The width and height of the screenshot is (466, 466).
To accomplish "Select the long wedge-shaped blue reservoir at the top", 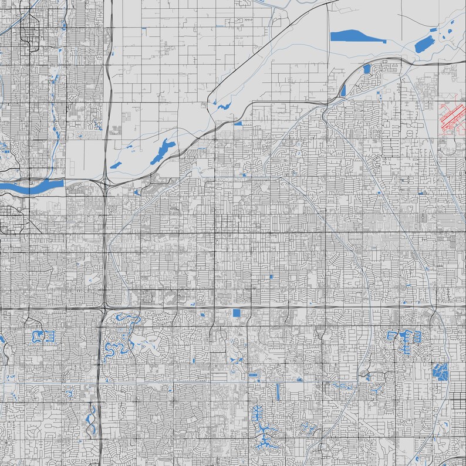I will click(354, 36).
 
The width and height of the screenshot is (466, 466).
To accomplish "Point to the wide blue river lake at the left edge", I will click(32, 186).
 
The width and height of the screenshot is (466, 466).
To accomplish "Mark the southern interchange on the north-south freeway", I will click(104, 306).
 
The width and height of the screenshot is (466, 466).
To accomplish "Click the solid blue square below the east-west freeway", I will click(237, 313).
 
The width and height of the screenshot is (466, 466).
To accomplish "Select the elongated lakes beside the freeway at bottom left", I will click(91, 420).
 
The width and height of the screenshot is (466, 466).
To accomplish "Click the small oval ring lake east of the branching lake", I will click(307, 429).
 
